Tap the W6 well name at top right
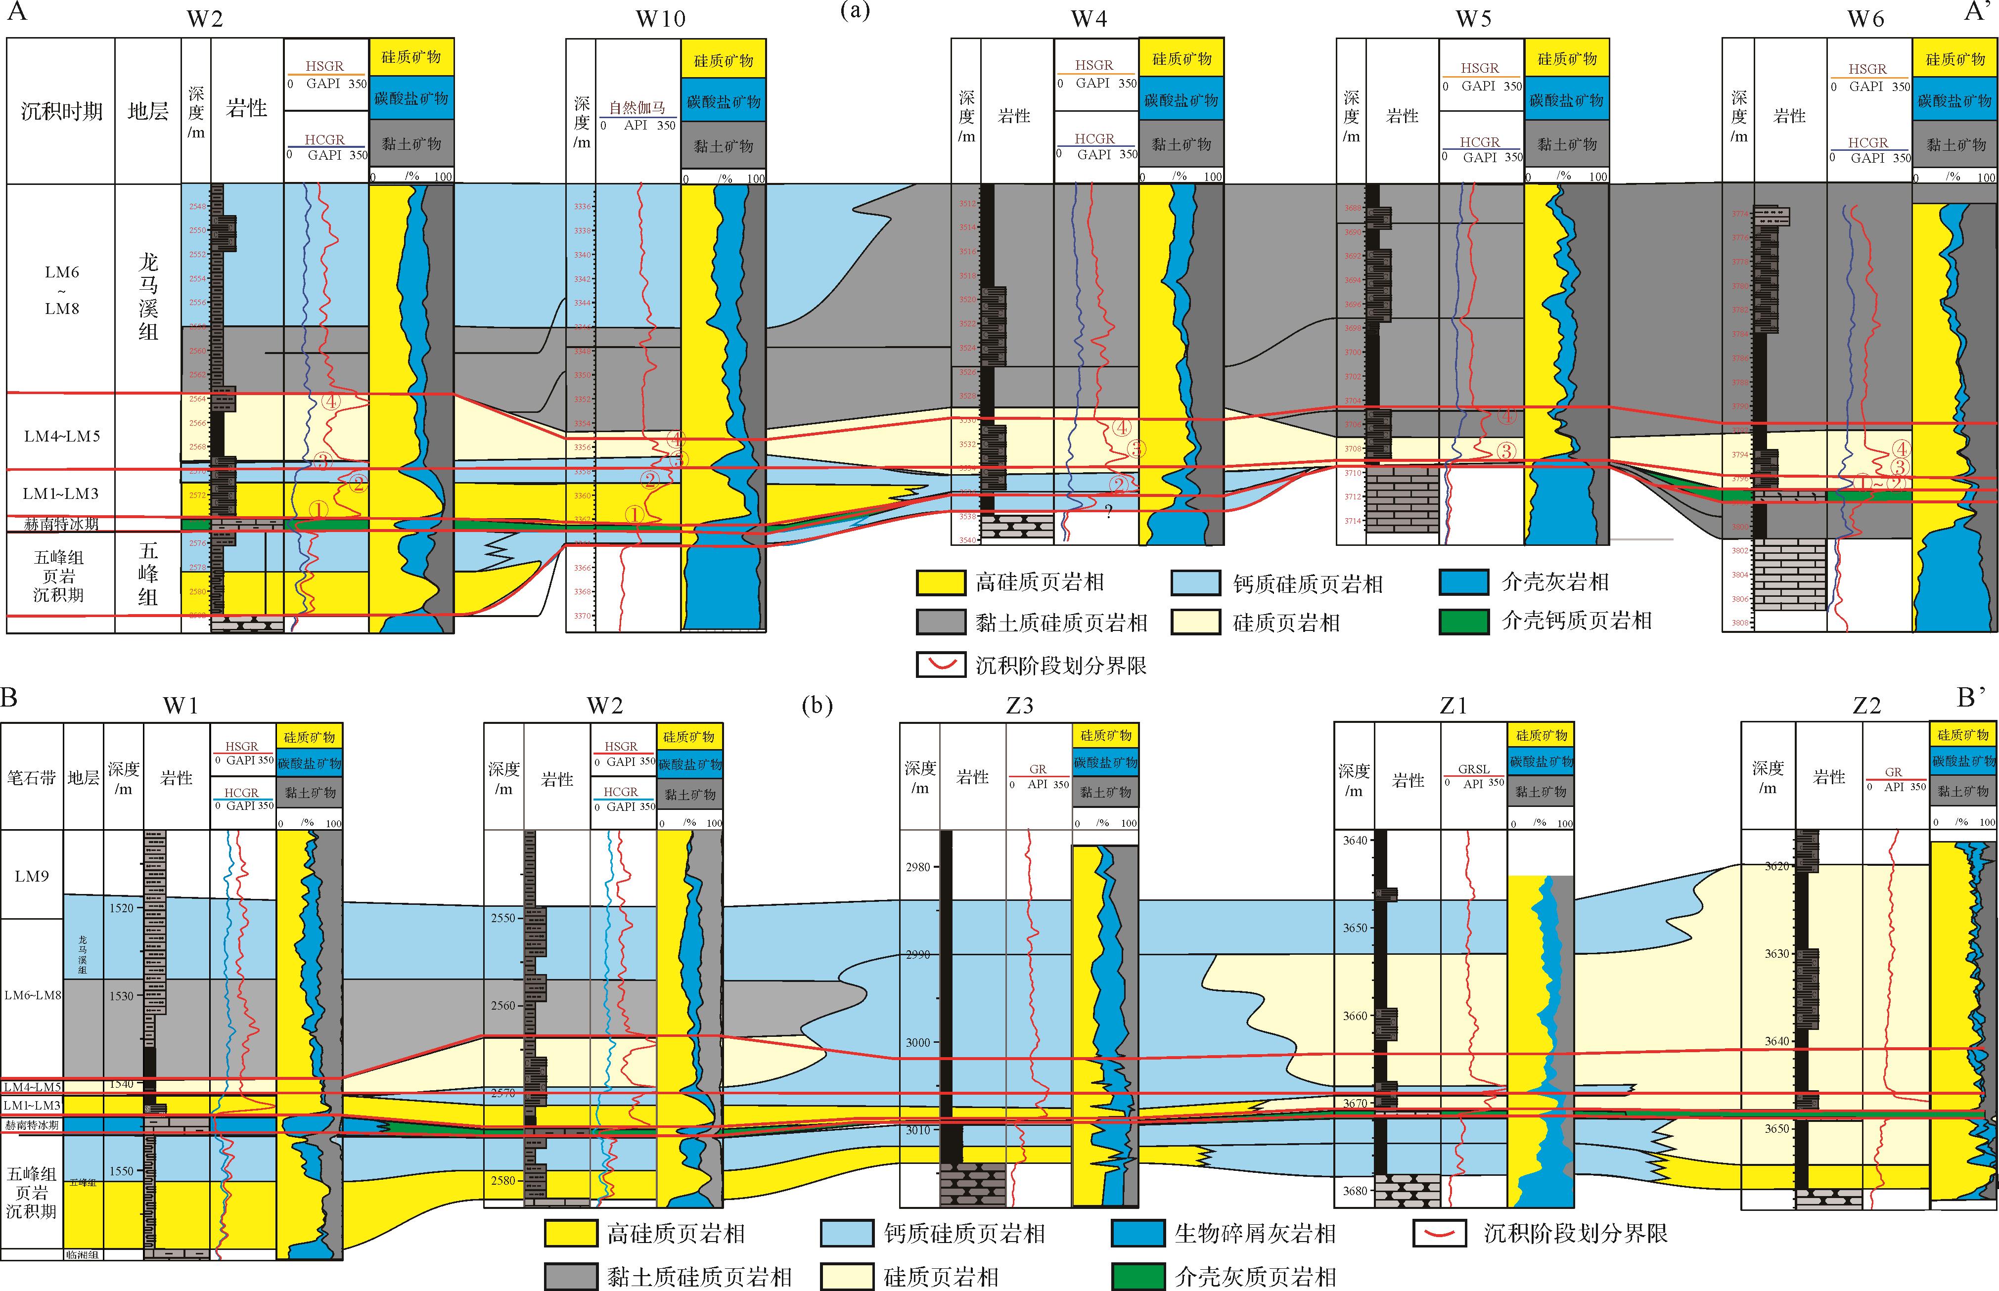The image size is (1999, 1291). point(1865,18)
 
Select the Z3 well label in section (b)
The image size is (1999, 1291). point(1020,706)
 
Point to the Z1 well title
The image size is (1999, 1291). point(1453,706)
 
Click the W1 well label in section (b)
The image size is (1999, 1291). point(181,706)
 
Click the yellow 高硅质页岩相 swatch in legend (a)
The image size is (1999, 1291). point(941,582)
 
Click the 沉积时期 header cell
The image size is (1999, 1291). point(61,111)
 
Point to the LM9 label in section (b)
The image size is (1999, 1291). point(32,876)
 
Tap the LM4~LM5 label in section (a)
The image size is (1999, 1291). point(61,436)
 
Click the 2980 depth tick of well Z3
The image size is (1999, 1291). point(918,867)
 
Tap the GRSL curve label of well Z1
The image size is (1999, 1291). point(1473,769)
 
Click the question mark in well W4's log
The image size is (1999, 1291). point(1108,511)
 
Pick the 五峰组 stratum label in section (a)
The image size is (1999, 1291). point(148,574)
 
